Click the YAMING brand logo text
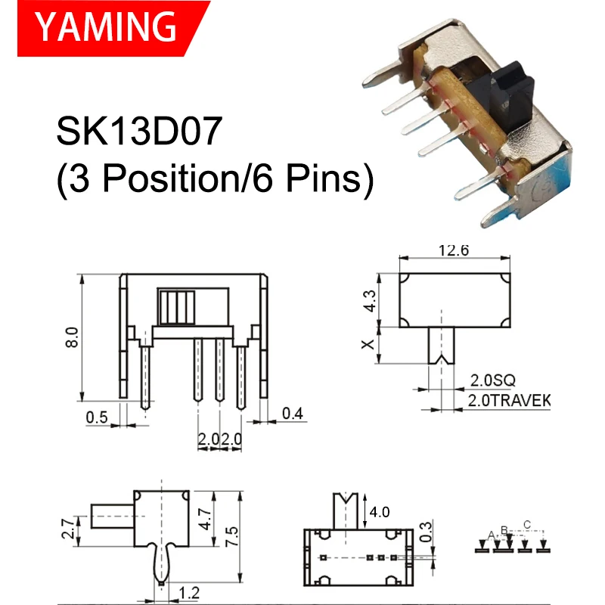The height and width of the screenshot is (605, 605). pos(107,28)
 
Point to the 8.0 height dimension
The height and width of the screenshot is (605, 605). pos(71,337)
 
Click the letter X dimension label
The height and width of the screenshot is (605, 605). pos(368,344)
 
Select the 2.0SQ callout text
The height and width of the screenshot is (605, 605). pos(495,380)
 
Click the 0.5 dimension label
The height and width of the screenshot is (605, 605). pos(96,416)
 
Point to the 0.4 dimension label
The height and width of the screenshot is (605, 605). pos(292,413)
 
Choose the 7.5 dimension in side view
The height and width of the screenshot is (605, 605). pos(232,537)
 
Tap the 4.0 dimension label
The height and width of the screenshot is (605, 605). pos(380,512)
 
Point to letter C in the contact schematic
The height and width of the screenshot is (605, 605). pos(527,524)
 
